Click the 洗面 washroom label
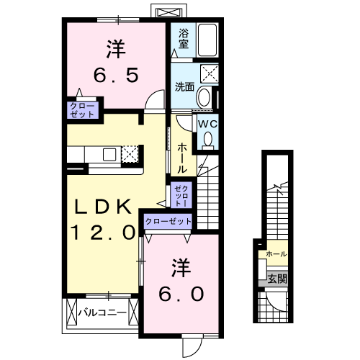pyautogui.click(x=184, y=87)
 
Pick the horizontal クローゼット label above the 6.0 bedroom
pyautogui.click(x=168, y=222)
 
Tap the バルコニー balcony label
pyautogui.click(x=102, y=313)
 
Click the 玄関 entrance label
pyautogui.click(x=276, y=278)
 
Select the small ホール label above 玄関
pyautogui.click(x=276, y=254)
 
